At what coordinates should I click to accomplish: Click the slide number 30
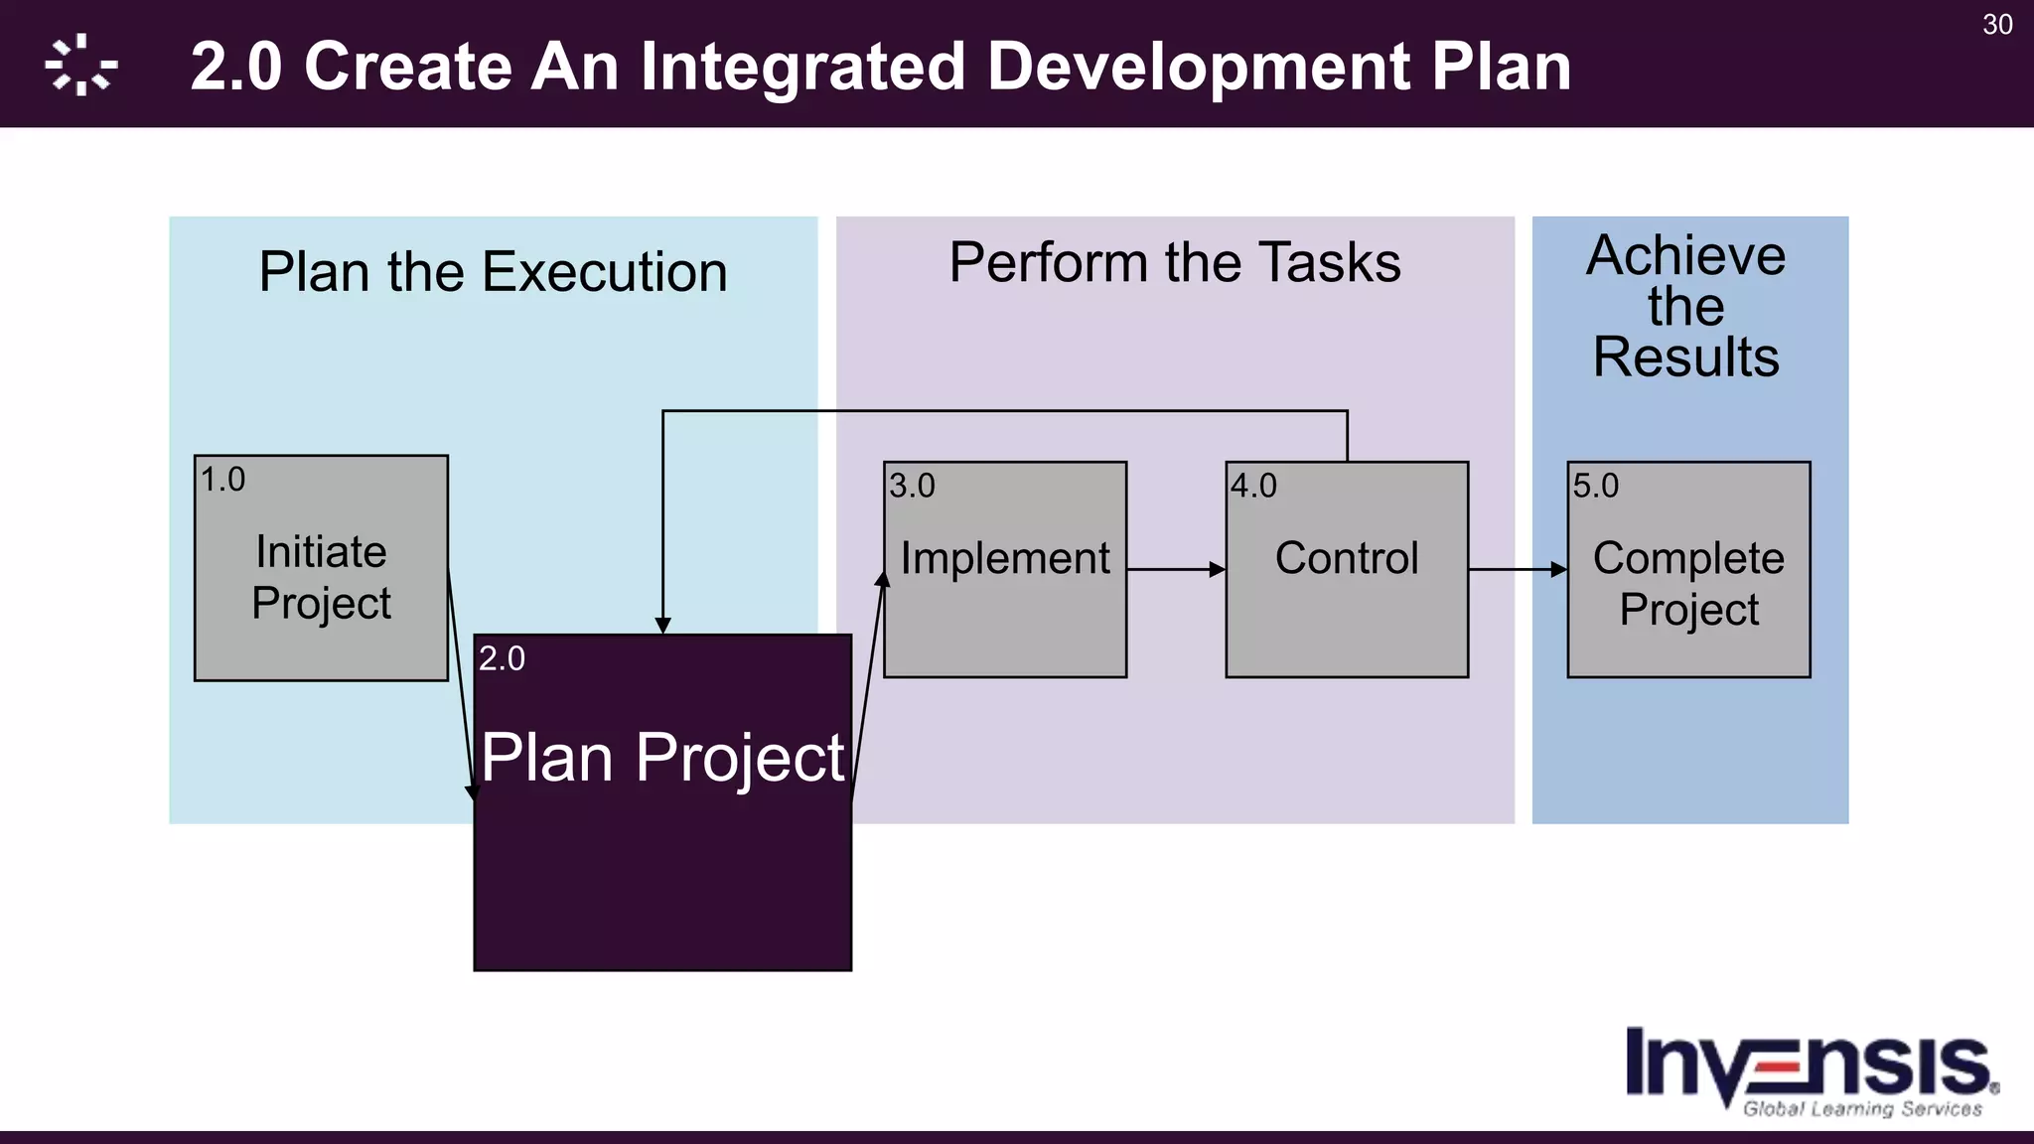[1996, 25]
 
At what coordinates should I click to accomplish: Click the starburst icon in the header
[81, 66]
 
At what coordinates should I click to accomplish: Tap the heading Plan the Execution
[493, 272]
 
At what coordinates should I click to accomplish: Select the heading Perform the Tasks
[1174, 263]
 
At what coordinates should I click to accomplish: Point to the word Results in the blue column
[1685, 357]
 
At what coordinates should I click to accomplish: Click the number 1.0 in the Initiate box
[222, 480]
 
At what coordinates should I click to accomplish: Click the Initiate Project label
[321, 577]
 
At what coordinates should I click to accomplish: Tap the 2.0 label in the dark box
[502, 658]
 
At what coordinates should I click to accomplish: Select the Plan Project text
[662, 758]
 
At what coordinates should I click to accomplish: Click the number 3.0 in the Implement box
[912, 486]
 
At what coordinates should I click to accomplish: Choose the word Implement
[1005, 558]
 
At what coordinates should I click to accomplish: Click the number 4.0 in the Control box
[1253, 486]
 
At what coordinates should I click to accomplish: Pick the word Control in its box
[1347, 558]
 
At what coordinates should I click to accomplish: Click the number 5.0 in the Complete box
[1595, 486]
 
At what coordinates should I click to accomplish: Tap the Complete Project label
[1688, 583]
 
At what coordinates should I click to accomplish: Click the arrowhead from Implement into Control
[1217, 570]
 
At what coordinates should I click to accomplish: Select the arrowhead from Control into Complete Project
[1558, 570]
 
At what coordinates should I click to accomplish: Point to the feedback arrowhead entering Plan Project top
[662, 625]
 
